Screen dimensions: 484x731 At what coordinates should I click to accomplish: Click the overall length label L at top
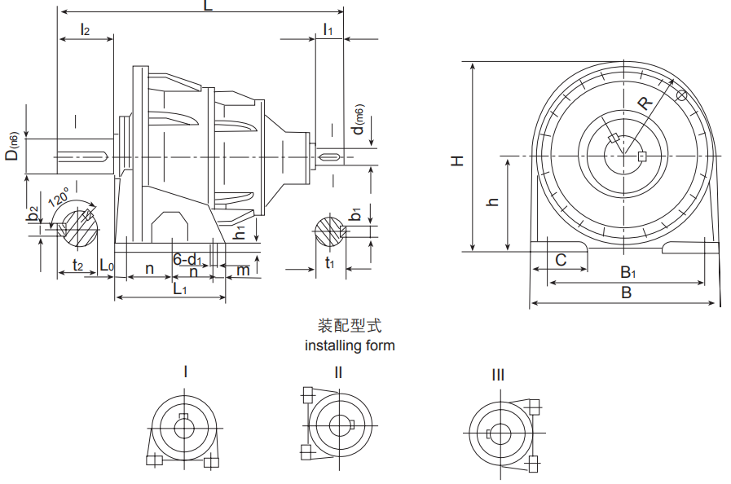coord(208,7)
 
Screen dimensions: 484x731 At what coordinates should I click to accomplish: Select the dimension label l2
coord(85,30)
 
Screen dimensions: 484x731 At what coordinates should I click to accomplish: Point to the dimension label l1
coord(328,30)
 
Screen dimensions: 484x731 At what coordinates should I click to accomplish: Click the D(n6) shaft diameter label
coord(12,145)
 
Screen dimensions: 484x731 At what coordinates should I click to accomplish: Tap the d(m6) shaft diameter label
coord(357,121)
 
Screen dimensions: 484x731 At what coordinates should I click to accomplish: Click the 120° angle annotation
coord(59,199)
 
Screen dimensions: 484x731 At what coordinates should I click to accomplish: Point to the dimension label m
coord(242,270)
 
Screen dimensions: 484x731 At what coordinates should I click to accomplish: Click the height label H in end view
coord(458,161)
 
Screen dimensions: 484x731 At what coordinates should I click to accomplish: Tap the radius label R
coord(645,103)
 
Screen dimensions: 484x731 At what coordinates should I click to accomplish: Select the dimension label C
coord(561,260)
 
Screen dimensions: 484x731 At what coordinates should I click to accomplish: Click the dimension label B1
coord(628,272)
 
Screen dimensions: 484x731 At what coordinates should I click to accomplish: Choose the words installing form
coord(350,345)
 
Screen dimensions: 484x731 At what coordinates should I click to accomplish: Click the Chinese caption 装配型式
coord(350,327)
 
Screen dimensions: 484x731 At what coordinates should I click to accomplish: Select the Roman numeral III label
coord(497,375)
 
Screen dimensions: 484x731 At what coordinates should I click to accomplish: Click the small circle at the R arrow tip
coord(681,97)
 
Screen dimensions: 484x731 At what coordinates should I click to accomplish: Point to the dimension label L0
coord(107,266)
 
